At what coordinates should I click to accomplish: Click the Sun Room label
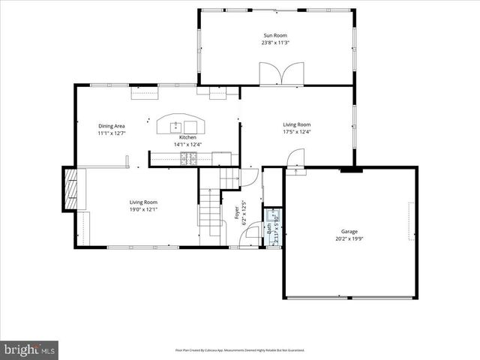[275, 35]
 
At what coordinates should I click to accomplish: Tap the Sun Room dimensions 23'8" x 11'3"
[275, 43]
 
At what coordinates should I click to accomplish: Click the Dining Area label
[111, 125]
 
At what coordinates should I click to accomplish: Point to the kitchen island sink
[177, 125]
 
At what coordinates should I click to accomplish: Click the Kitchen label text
[187, 137]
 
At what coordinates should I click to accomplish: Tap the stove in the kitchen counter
[187, 157]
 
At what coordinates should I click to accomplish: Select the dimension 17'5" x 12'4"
[296, 133]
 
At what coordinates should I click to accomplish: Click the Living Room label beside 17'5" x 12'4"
[296, 124]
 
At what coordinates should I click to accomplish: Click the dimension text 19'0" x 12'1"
[143, 209]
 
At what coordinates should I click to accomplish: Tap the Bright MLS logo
[30, 349]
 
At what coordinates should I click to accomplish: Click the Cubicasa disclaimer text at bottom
[239, 349]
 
